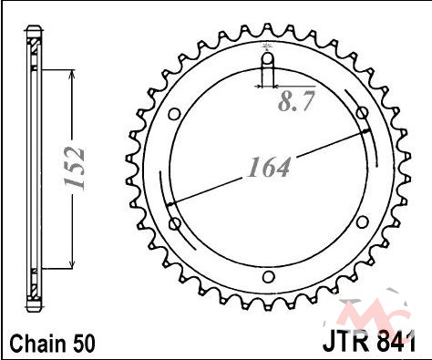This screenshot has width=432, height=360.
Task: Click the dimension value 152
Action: pyautogui.click(x=74, y=168)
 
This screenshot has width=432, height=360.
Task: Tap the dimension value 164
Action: pyautogui.click(x=269, y=167)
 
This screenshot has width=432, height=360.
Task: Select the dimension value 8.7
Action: pyautogui.click(x=296, y=101)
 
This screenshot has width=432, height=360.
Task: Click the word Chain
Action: pyautogui.click(x=37, y=344)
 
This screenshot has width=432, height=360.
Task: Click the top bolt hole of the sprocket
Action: pyautogui.click(x=268, y=58)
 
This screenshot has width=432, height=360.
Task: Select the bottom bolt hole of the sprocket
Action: pyautogui.click(x=268, y=277)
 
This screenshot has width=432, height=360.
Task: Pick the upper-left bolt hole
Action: pyautogui.click(x=175, y=115)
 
